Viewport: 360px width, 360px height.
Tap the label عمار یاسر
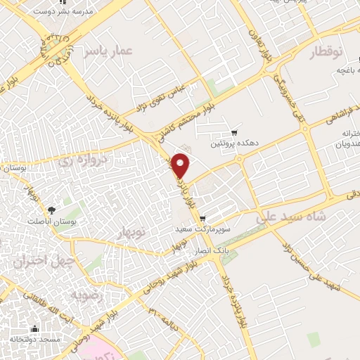[106, 51]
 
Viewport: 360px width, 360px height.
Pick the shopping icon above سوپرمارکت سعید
[203, 219]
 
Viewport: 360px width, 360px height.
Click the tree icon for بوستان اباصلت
[51, 210]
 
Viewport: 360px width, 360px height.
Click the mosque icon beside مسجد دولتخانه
[34, 329]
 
